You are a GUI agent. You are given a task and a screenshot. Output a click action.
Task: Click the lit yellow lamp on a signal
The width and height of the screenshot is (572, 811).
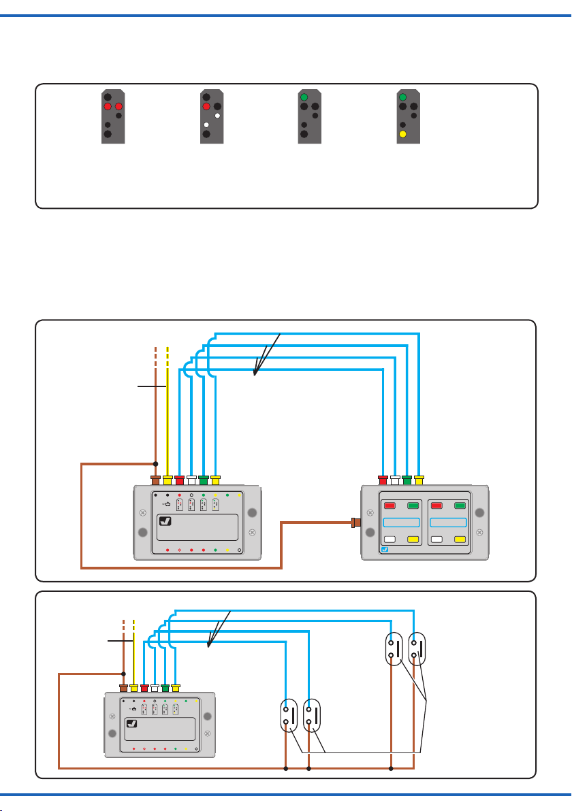pos(403,135)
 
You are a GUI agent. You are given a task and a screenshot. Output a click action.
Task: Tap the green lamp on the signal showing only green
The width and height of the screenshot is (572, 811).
pos(304,97)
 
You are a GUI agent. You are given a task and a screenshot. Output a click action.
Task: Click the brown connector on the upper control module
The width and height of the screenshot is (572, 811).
pos(156,480)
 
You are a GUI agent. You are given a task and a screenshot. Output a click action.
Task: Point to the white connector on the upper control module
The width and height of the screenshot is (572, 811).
pos(191,480)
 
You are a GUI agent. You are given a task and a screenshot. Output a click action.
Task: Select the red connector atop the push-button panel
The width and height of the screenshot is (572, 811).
pos(383,480)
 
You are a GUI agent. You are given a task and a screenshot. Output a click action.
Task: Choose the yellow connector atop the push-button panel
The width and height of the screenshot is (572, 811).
pos(419,480)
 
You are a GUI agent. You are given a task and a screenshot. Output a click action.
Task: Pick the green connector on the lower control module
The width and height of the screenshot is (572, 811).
pos(165,688)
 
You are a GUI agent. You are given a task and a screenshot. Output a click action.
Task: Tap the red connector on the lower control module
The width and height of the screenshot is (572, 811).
pos(144,688)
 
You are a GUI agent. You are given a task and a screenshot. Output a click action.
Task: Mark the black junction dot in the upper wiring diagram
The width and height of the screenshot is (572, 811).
pos(156,464)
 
